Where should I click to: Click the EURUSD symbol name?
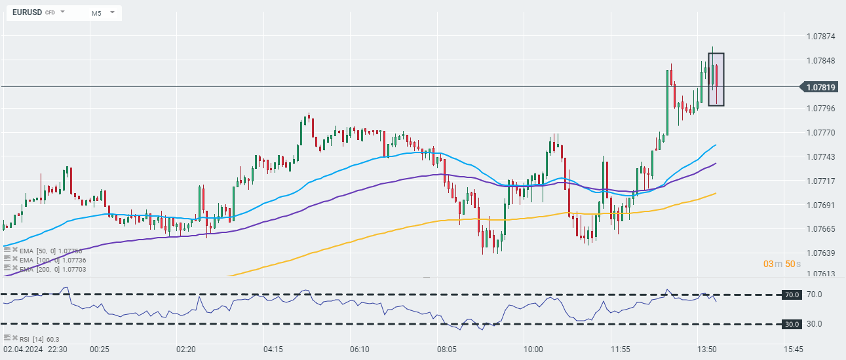26,12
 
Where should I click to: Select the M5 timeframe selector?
96,13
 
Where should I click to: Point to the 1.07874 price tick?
820,37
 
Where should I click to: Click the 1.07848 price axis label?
820,61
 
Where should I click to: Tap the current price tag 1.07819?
820,87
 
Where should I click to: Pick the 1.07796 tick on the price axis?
820,108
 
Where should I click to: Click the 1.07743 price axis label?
820,157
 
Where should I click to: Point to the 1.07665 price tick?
820,229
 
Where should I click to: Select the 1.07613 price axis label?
820,274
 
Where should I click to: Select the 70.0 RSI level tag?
791,295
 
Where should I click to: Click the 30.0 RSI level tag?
791,324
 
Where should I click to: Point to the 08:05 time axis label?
447,350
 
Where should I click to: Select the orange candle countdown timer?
782,263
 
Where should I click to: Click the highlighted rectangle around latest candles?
716,79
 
